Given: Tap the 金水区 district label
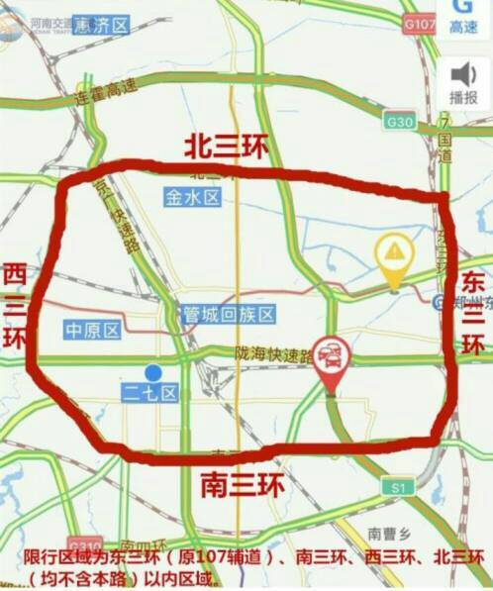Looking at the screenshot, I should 192,198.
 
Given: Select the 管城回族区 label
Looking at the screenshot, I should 229,315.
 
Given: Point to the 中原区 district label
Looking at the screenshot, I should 92,330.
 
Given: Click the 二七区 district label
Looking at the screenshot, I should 149,394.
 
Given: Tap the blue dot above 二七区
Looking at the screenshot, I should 152,372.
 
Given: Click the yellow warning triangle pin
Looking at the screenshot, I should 395,252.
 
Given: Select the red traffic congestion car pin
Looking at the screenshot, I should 329,356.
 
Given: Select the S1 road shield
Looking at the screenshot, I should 399,487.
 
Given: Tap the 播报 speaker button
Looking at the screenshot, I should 463,82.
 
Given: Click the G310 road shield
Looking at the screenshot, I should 86,546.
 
